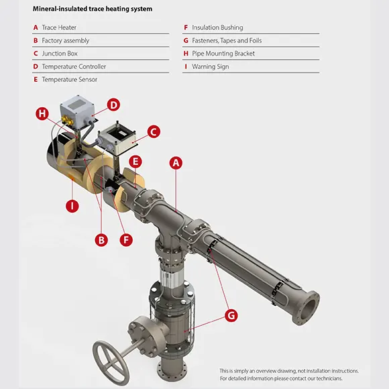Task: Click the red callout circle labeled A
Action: [176, 163]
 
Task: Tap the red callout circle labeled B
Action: [101, 240]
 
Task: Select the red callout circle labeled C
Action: [154, 131]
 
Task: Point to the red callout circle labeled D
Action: [113, 105]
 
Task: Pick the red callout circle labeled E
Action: [135, 162]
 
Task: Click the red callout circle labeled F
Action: [126, 240]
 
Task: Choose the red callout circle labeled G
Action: [231, 316]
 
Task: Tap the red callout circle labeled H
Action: [42, 113]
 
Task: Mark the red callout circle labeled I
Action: [72, 206]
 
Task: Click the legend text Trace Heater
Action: [59, 27]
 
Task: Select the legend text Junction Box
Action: [60, 54]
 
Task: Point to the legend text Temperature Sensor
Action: [70, 79]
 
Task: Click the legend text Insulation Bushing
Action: [217, 27]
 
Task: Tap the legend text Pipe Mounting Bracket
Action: [223, 54]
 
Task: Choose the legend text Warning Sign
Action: [211, 67]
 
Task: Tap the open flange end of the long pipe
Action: [307, 308]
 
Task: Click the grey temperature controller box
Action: [77, 112]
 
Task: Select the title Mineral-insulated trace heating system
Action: [93, 9]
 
